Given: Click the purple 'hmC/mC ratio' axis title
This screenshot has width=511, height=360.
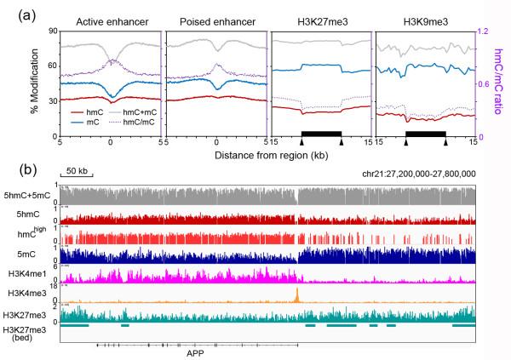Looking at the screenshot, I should (502, 83).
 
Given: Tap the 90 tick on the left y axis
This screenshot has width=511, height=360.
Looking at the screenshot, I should (51, 31).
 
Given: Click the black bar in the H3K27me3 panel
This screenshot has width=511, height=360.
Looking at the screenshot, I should (321, 134).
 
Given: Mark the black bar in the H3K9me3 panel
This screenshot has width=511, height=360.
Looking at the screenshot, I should (425, 134).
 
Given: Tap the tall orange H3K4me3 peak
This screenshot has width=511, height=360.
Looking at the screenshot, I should (296, 294).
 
